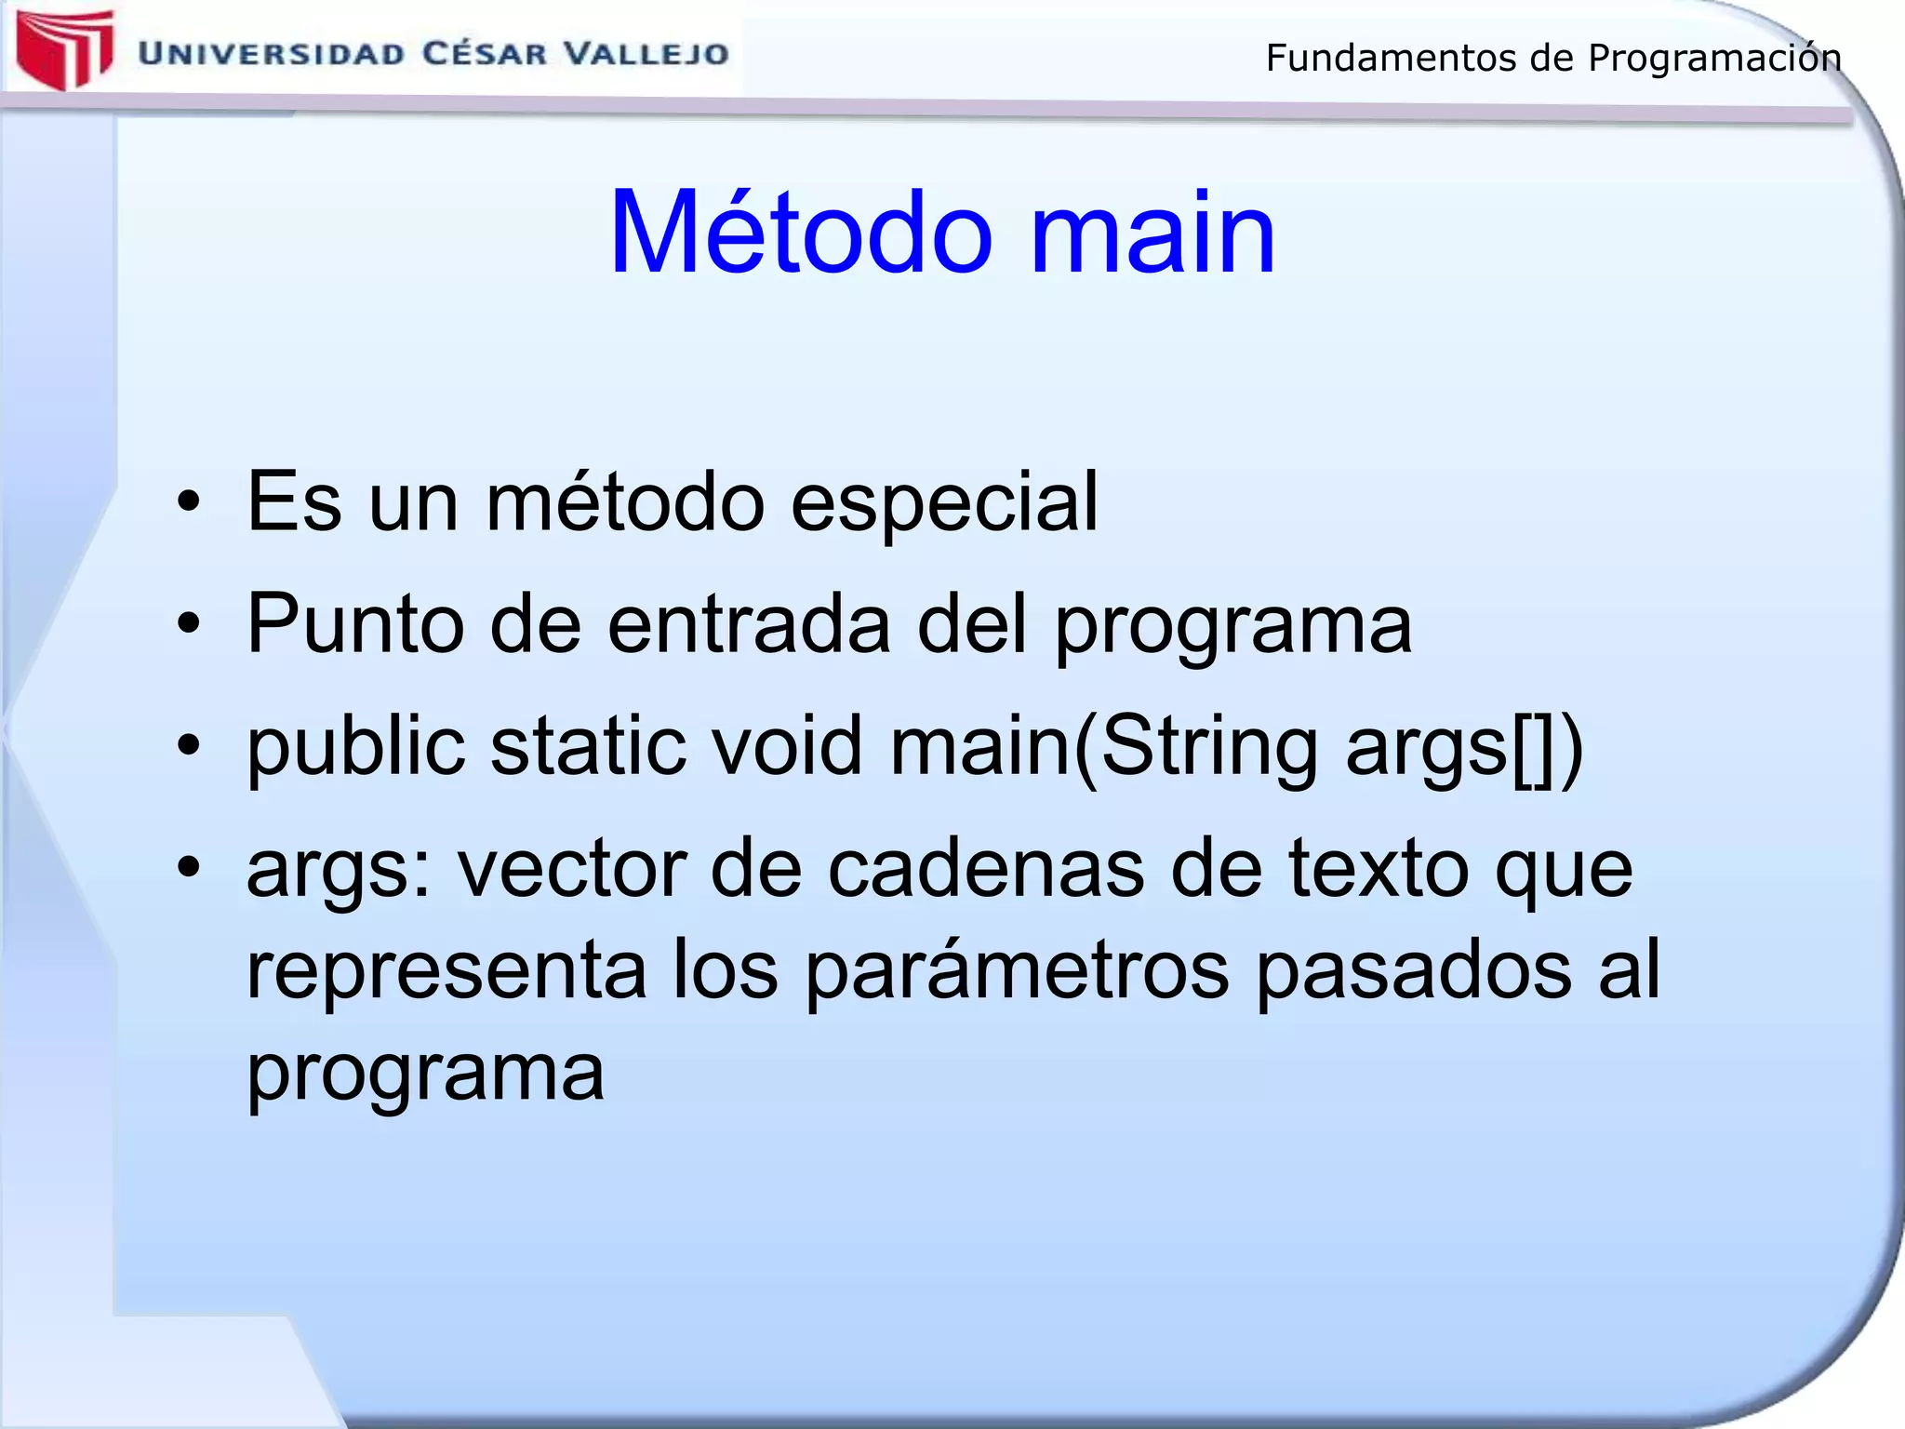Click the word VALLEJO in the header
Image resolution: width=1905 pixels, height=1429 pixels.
(647, 54)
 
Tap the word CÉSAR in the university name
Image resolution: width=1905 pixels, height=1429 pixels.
(484, 53)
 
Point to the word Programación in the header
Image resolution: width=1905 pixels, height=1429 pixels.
(1713, 59)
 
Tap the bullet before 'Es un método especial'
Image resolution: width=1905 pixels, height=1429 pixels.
(189, 503)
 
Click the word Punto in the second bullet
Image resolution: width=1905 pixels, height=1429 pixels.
(354, 624)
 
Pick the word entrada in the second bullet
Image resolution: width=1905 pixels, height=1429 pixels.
(749, 624)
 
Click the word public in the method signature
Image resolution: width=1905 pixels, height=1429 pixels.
(354, 747)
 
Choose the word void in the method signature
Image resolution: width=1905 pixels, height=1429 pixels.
(783, 747)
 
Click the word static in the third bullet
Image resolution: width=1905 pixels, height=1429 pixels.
(588, 747)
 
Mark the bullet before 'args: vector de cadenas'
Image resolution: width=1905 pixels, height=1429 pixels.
(189, 868)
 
